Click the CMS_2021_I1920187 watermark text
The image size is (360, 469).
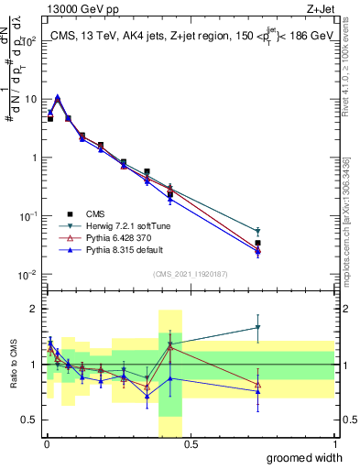click(190, 274)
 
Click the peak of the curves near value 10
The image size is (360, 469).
click(58, 97)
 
